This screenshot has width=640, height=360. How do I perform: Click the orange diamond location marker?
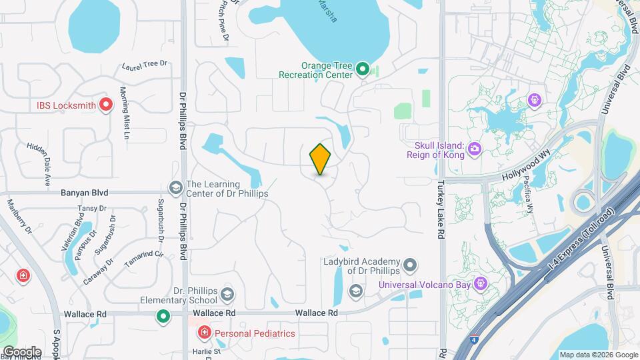pyautogui.click(x=320, y=159)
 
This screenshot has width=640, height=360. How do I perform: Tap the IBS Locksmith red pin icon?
pyautogui.click(x=105, y=105)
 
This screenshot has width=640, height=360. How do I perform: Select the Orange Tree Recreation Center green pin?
pyautogui.click(x=363, y=69)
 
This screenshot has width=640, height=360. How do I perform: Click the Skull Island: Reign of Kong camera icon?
pyautogui.click(x=475, y=148)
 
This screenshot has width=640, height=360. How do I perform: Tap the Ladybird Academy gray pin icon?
pyautogui.click(x=411, y=266)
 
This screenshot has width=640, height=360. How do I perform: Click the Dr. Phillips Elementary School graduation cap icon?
pyautogui.click(x=227, y=294)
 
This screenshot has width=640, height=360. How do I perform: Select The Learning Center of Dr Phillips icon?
pyautogui.click(x=177, y=188)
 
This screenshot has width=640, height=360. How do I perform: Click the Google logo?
pyautogui.click(x=22, y=351)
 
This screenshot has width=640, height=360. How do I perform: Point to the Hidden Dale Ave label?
pyautogui.click(x=39, y=163)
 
